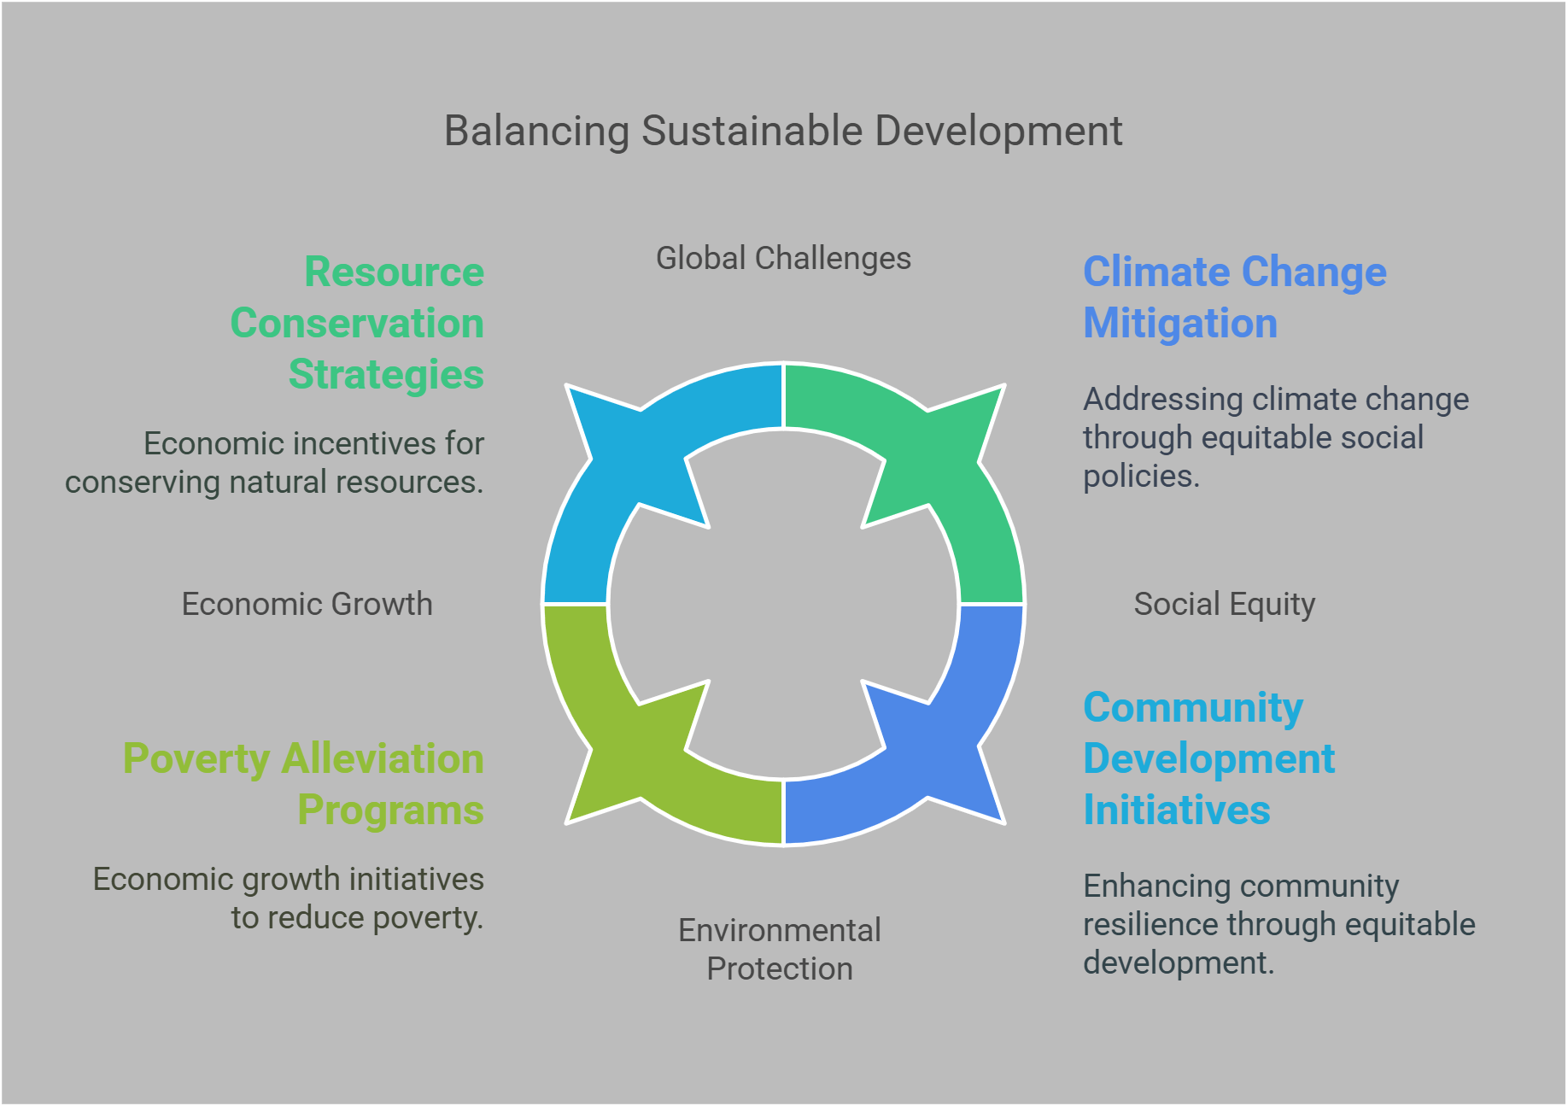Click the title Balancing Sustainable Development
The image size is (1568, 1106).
[783, 132]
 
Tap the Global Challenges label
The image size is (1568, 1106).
[783, 258]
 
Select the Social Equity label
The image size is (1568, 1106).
[1224, 604]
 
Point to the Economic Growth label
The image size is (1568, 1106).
[307, 604]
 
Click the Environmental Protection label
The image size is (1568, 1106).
[779, 949]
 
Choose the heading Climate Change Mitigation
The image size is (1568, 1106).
[1234, 297]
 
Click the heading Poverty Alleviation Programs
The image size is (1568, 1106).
[304, 784]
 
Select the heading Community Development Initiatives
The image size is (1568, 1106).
[1208, 758]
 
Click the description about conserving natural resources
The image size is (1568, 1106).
[275, 463]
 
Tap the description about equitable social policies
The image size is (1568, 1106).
[1275, 437]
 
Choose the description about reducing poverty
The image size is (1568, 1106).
[289, 898]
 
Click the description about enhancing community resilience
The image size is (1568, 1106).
[1278, 924]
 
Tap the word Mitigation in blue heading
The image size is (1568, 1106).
[1180, 324]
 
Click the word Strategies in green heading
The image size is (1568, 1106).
[386, 375]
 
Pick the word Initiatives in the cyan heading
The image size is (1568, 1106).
[1177, 810]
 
